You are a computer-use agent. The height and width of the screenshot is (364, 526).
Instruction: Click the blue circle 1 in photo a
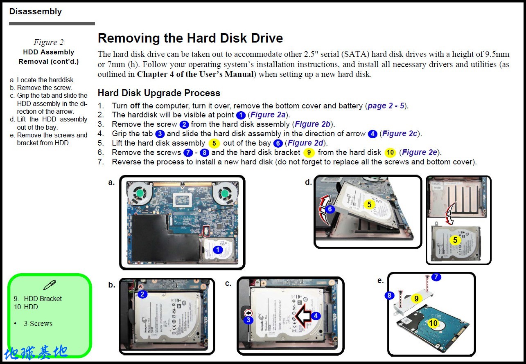218,250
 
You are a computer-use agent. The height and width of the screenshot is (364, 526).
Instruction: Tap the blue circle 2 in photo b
142,294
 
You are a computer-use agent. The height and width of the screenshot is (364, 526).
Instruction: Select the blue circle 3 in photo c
248,320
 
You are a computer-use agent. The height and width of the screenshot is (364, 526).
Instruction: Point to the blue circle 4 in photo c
316,316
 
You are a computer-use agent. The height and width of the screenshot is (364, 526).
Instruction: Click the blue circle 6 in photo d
330,209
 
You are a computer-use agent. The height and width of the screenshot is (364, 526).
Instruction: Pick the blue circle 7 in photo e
436,277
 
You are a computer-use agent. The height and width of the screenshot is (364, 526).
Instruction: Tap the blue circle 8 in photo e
390,295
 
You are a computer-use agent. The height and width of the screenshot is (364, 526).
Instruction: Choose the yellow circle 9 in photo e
416,299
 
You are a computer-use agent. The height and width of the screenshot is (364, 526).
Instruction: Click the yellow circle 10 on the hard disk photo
433,323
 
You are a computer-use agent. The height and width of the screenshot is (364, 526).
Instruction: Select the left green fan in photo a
140,194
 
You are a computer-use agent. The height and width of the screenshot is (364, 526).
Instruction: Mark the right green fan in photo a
224,194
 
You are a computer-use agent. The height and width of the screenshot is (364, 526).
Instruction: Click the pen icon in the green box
50,285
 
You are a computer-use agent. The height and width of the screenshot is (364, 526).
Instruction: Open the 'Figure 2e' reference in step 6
420,152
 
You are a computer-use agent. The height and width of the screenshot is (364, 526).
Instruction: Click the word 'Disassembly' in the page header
36,11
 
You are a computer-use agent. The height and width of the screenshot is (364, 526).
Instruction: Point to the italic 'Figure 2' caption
49,42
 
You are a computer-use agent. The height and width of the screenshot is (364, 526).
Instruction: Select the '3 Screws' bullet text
38,324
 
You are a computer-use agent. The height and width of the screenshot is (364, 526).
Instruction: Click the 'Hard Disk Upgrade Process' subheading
159,93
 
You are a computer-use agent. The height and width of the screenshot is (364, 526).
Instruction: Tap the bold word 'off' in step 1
135,106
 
